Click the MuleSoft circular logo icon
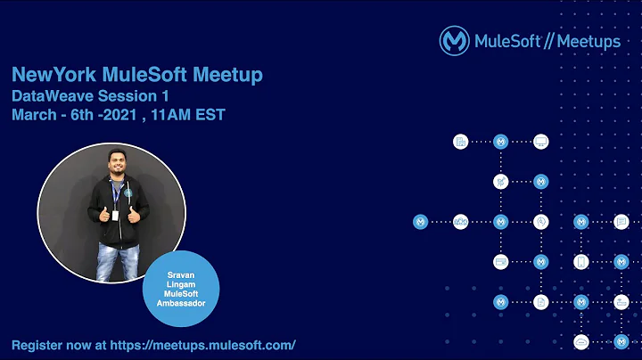click(454, 41)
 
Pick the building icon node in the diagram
click(461, 142)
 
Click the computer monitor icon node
click(540, 142)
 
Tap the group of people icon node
click(461, 222)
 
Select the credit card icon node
click(500, 262)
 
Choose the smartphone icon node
click(581, 262)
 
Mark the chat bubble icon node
click(621, 222)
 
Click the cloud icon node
click(581, 342)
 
